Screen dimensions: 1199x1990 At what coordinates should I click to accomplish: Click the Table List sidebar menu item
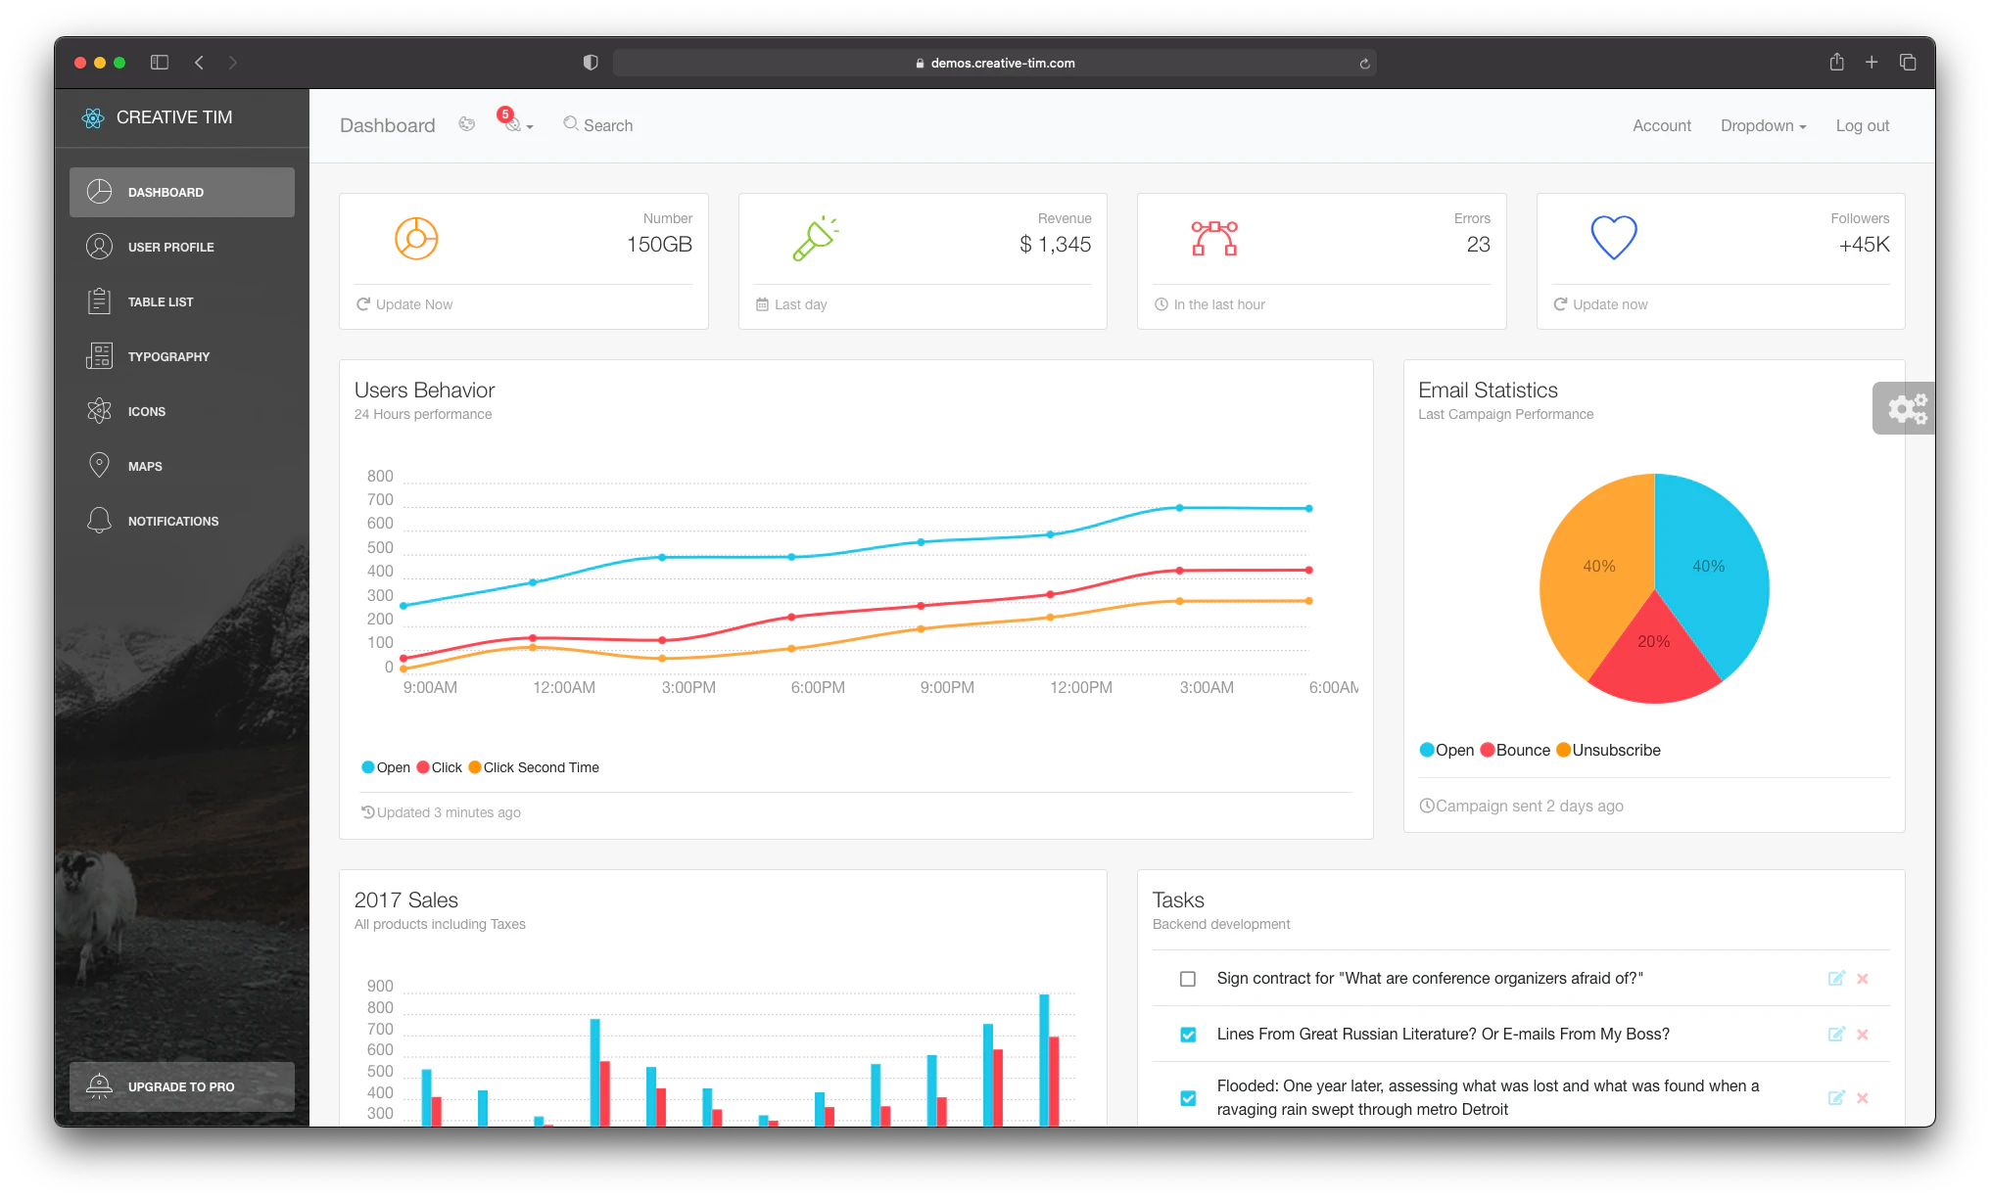(x=161, y=301)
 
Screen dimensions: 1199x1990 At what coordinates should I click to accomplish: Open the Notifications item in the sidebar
(x=172, y=521)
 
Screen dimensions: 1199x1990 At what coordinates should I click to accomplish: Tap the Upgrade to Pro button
(x=181, y=1086)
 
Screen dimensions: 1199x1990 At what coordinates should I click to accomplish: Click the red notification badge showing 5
(x=505, y=115)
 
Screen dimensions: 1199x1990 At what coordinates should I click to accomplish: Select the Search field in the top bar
(x=607, y=125)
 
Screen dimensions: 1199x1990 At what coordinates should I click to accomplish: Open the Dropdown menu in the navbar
(x=1763, y=125)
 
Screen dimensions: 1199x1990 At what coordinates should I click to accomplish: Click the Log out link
(x=1862, y=125)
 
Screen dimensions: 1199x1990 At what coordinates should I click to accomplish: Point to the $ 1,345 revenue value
(x=1055, y=245)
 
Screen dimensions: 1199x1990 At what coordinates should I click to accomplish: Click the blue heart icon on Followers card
(x=1613, y=237)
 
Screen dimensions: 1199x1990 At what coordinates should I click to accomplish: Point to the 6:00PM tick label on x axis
(x=818, y=687)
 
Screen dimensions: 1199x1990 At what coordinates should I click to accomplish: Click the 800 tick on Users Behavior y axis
(x=380, y=476)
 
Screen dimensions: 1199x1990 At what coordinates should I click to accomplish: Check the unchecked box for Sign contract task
(x=1188, y=979)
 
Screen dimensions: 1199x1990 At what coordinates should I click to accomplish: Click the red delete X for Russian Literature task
(x=1863, y=1035)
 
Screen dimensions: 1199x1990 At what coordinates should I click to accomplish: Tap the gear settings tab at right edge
(x=1906, y=408)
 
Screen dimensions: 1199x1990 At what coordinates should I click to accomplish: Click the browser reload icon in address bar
(x=1364, y=64)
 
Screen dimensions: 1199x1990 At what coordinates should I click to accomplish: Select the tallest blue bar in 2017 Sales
(x=1044, y=1057)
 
